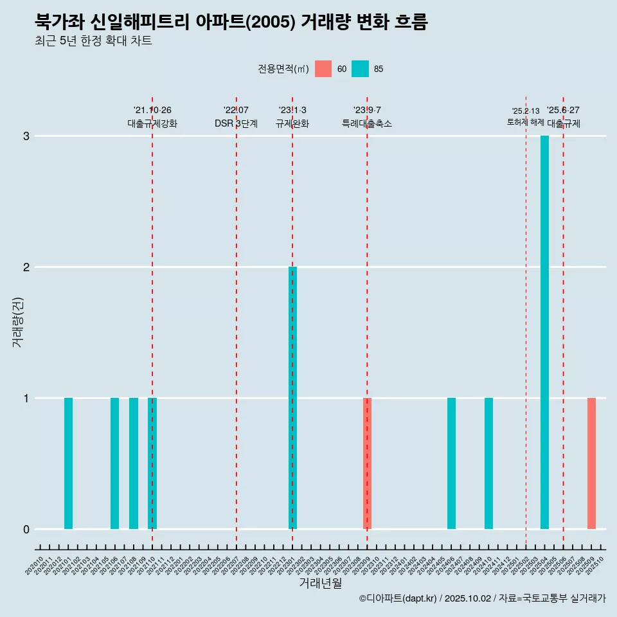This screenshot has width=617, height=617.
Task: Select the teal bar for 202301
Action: [292, 398]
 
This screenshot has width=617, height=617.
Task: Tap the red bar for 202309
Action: [367, 463]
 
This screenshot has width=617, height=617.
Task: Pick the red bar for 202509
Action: [591, 463]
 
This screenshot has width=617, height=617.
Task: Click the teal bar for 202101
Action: [68, 463]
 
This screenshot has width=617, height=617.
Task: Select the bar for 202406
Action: [451, 463]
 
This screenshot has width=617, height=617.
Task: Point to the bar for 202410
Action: [488, 463]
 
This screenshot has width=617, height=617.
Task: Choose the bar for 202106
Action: [114, 463]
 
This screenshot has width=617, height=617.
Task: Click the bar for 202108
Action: [134, 463]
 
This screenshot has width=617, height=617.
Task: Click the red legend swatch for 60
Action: [323, 69]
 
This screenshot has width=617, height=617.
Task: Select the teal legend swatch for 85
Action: [361, 69]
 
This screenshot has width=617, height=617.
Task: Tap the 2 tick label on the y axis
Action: [26, 267]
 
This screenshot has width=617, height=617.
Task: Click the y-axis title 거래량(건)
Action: [17, 322]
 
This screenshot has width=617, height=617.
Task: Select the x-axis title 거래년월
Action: [320, 583]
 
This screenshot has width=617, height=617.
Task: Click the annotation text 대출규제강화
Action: [152, 123]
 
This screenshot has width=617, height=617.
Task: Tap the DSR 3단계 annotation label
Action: [236, 123]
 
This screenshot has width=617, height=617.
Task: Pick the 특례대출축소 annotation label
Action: [367, 123]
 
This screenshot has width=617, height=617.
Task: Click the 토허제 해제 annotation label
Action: [525, 122]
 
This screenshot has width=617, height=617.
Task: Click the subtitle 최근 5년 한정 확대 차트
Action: [93, 41]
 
